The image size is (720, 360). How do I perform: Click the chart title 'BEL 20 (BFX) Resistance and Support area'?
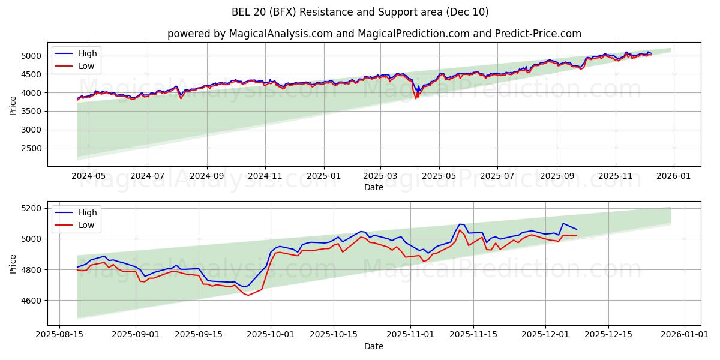(360, 12)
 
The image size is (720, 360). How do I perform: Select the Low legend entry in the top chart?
(86, 66)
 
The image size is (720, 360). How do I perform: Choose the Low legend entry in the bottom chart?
(86, 225)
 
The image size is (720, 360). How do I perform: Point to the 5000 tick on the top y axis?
(33, 56)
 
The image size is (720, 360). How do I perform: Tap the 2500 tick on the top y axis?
(33, 148)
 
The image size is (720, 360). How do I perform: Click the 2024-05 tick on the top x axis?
(89, 177)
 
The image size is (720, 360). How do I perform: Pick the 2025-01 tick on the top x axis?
(324, 177)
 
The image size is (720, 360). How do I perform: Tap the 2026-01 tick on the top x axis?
(673, 177)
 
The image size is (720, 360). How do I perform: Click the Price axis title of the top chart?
(13, 104)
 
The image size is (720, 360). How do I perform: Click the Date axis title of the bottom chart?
(373, 346)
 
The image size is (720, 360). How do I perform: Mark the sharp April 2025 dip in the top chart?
(416, 97)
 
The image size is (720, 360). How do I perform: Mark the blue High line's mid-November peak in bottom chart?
(460, 224)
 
